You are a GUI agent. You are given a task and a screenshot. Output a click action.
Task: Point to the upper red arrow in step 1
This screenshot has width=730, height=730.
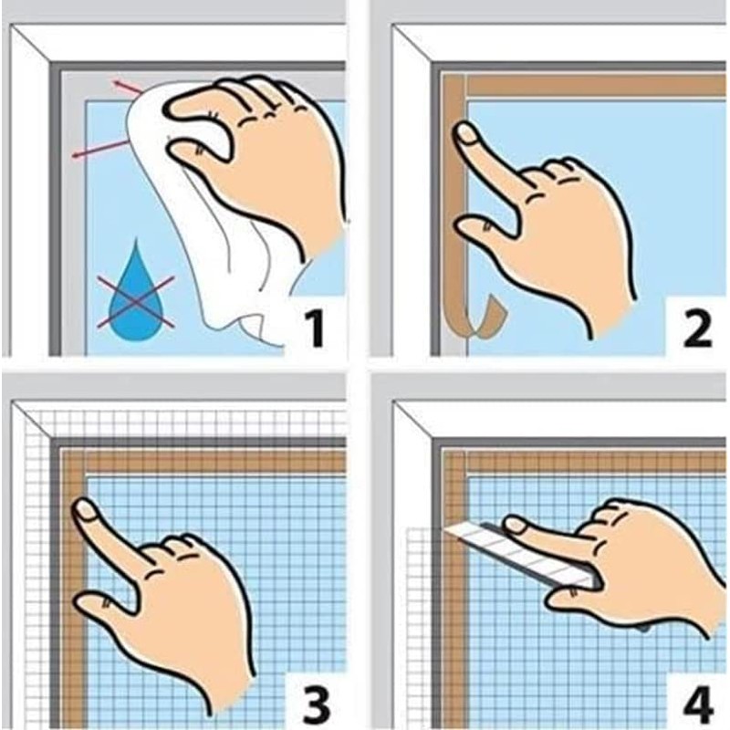(129, 88)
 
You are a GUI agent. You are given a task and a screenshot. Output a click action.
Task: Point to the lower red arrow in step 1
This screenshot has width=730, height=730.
(100, 149)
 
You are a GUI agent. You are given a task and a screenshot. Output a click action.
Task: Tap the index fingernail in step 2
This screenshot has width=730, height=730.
(466, 135)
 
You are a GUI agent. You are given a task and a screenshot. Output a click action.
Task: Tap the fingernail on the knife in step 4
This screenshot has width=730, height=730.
(517, 525)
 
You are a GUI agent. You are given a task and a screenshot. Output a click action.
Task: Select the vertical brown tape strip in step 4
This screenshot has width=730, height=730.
(454, 639)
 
